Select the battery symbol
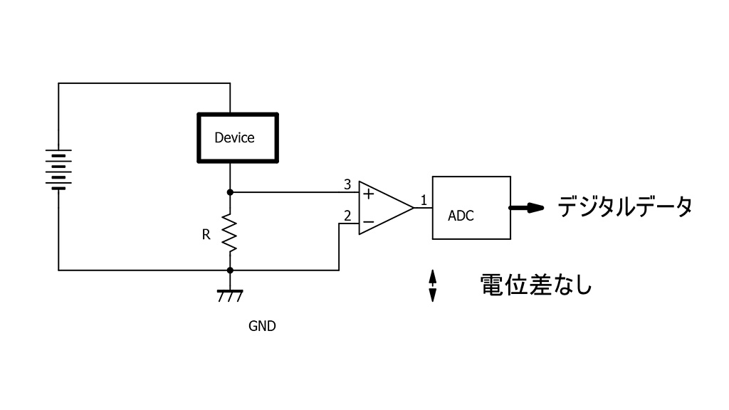point(58,169)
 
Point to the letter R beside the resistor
point(206,234)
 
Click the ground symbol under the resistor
point(229,294)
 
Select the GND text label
point(262,327)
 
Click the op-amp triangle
point(383,207)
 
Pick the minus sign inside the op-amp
point(368,222)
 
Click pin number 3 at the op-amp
point(347,185)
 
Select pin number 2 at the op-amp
point(347,215)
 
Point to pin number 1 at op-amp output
point(423,201)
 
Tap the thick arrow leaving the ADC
point(527,208)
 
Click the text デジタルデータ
point(624,207)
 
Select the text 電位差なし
point(536,285)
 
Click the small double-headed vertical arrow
point(432,285)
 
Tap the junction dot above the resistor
point(230,192)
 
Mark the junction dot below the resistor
point(230,270)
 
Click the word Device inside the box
point(234,138)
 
